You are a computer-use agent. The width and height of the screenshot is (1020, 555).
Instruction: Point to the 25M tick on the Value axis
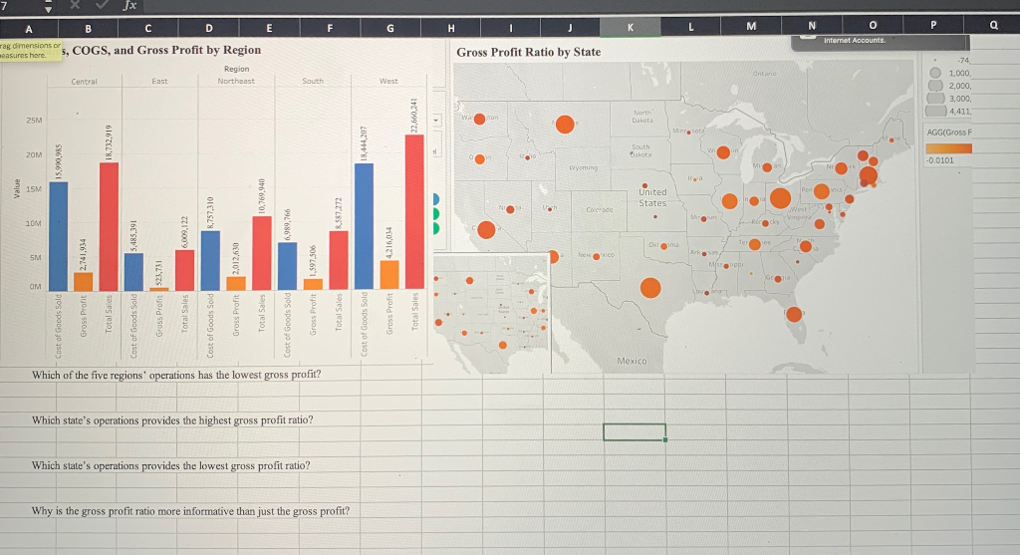coord(34,120)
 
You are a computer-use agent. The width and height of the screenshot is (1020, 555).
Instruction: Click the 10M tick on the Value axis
coord(34,223)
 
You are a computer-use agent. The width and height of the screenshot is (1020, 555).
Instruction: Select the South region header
coord(312,81)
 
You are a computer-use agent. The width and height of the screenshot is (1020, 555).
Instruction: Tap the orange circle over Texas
coord(649,288)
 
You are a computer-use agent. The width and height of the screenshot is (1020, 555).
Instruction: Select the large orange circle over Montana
coord(564,125)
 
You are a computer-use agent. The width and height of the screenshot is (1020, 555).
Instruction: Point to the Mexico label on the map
coord(633,360)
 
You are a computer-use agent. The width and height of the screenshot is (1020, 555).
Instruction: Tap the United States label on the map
coord(651,197)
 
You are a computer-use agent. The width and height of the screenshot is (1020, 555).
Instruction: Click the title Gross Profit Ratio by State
coord(528,51)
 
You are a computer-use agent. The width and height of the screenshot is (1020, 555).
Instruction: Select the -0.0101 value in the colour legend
coord(939,159)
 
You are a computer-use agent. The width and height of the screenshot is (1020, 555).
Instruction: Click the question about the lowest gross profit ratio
coord(170,465)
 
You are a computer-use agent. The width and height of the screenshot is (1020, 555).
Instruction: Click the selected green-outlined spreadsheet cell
coord(635,431)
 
